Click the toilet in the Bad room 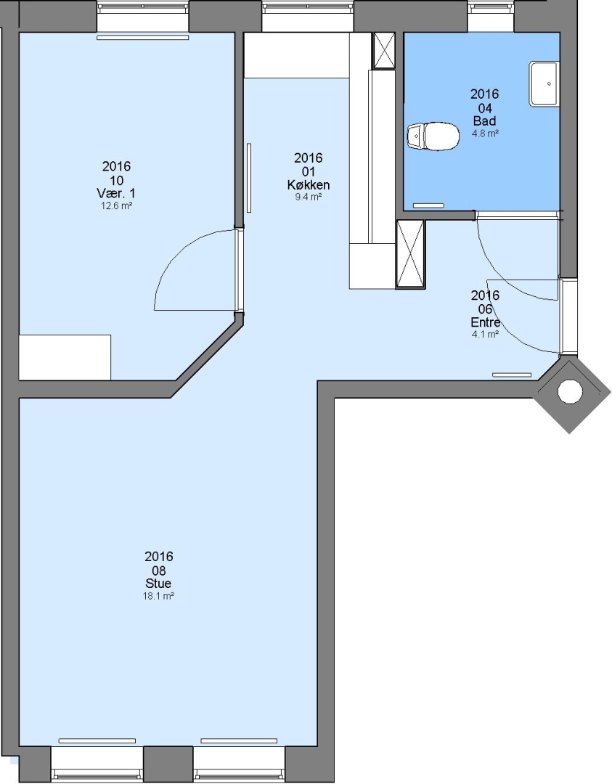click(x=433, y=136)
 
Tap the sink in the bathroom click(x=544, y=83)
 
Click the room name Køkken click(x=309, y=185)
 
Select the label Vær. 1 click(x=116, y=193)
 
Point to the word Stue click(x=158, y=584)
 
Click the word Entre click(x=485, y=322)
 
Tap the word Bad click(x=484, y=121)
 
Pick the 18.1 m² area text click(x=158, y=596)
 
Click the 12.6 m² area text click(x=116, y=205)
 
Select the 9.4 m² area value click(x=309, y=197)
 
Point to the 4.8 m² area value click(x=484, y=134)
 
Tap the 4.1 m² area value click(x=485, y=335)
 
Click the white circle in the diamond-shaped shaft click(x=569, y=391)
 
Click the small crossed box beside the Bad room click(x=385, y=50)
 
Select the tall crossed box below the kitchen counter click(x=410, y=254)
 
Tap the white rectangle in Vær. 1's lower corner click(x=65, y=357)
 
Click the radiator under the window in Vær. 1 click(x=143, y=38)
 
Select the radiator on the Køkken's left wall click(x=249, y=178)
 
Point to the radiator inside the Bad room click(x=428, y=205)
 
